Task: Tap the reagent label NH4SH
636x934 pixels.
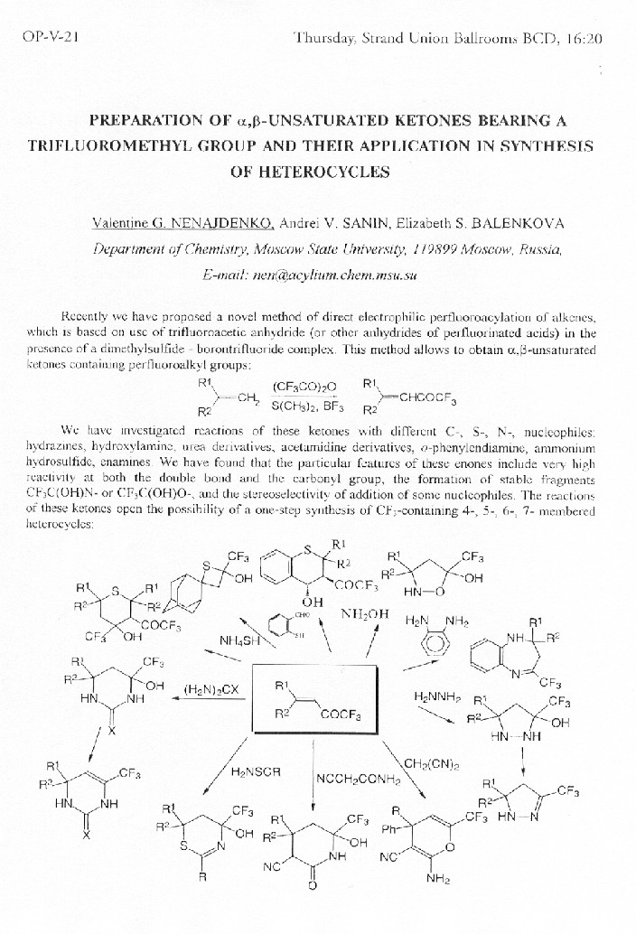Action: (239, 641)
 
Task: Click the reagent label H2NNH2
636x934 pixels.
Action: (438, 696)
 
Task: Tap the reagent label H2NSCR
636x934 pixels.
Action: (256, 772)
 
